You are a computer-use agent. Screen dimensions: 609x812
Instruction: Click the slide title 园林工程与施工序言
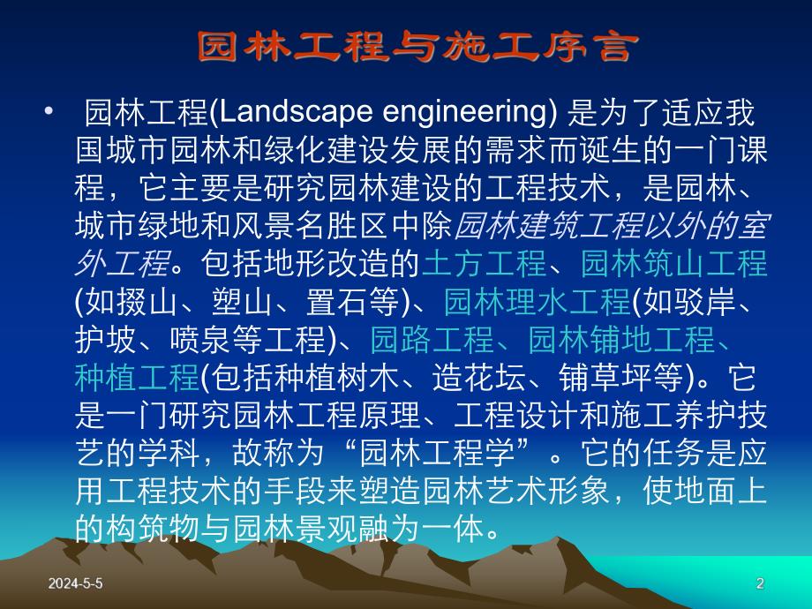click(415, 48)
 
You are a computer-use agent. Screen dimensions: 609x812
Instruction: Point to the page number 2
click(760, 583)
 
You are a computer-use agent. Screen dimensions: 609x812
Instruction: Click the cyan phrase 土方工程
click(485, 263)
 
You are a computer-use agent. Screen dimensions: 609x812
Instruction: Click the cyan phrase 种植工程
click(137, 378)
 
